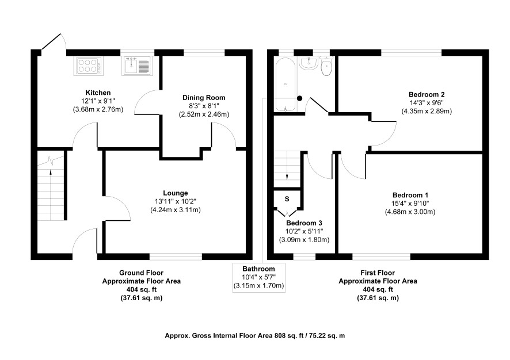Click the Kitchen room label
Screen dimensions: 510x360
tap(98, 93)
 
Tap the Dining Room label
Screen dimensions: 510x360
tap(204, 98)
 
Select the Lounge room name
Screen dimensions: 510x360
tap(176, 193)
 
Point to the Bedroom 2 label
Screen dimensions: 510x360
tap(427, 94)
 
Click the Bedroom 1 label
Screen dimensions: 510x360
tap(410, 196)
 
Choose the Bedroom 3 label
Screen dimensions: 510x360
tap(304, 223)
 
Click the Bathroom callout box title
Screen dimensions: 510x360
tap(258, 269)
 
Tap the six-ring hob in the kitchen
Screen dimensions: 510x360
tap(89, 66)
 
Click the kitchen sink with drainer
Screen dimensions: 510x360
tap(136, 66)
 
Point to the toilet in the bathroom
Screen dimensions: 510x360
tap(326, 66)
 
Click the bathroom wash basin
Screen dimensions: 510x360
tap(309, 63)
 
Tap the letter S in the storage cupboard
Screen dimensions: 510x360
tap(287, 199)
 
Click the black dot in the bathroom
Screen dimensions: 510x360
tap(299, 98)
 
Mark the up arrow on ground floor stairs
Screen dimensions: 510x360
tap(51, 173)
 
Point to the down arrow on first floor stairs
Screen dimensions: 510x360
tap(287, 177)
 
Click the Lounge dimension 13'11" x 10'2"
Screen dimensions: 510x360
tap(176, 201)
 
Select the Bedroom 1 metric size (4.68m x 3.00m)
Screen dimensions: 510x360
tap(410, 212)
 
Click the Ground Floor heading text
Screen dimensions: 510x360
tap(141, 273)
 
